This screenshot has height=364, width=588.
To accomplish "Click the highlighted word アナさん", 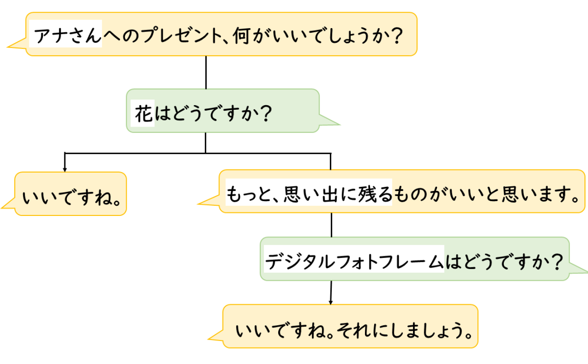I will click(x=65, y=36).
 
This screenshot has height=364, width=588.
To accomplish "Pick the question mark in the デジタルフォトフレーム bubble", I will click(x=556, y=261).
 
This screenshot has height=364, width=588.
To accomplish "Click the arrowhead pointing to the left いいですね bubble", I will click(x=64, y=169).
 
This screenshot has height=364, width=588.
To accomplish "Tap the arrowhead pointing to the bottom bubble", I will click(x=331, y=302).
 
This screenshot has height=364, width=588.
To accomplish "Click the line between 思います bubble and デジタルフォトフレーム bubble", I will click(x=331, y=225).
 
